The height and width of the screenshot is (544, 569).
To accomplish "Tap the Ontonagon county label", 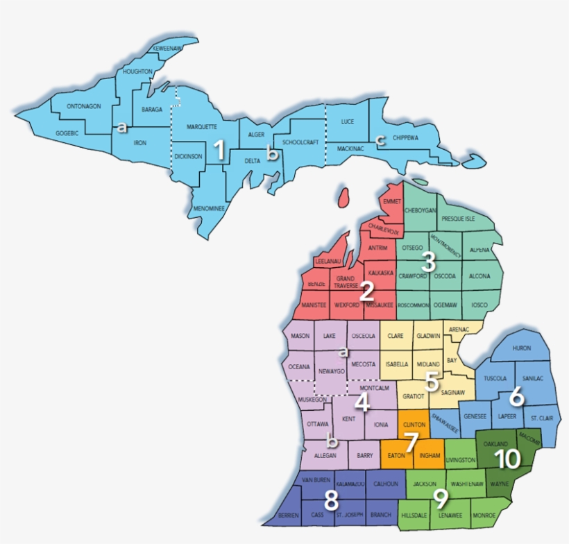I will (84, 106).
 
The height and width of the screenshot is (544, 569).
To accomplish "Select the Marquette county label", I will (201, 127).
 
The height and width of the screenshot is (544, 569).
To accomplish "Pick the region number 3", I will (428, 262).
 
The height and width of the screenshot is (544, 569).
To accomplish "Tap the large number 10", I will (507, 458).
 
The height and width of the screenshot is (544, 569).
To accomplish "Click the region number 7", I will (411, 440).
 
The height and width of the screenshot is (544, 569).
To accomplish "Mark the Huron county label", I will (521, 348).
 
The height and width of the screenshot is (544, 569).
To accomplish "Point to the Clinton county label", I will (414, 423).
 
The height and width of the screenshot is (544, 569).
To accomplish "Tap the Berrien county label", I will (288, 516).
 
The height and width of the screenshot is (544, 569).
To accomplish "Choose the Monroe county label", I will (483, 516).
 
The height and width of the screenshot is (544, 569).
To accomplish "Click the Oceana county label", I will (298, 366).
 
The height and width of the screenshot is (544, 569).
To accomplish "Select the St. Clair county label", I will (541, 418).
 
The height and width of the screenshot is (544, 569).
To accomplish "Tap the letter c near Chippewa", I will (380, 140).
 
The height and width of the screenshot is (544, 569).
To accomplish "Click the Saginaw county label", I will (452, 392).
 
